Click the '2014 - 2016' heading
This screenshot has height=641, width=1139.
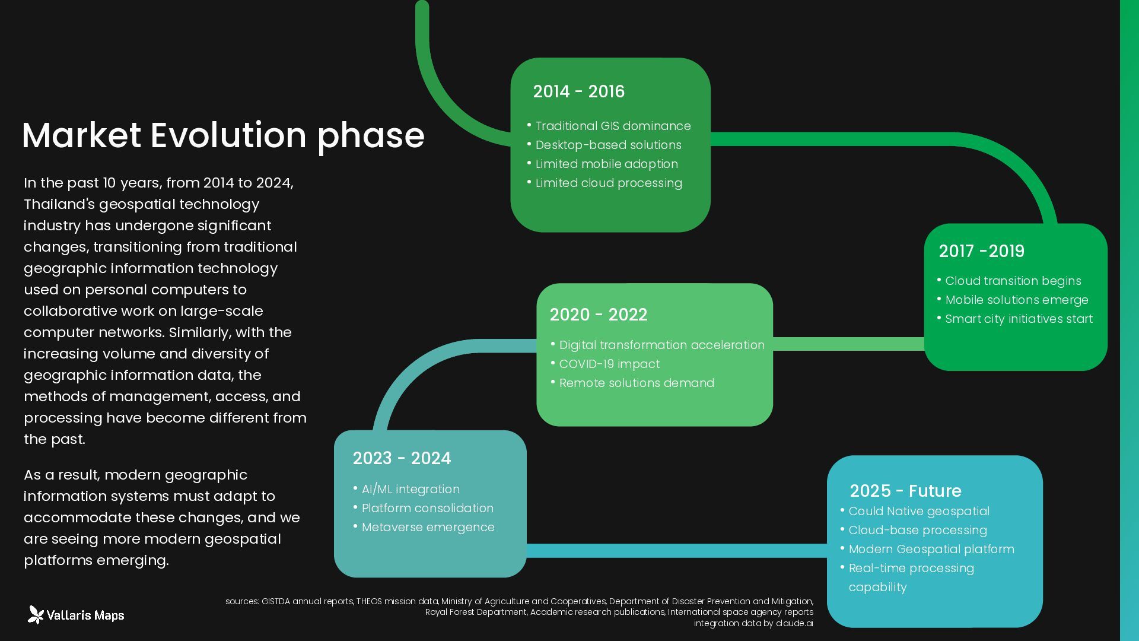[x=578, y=91]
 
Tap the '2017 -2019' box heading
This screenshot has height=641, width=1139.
[x=981, y=251]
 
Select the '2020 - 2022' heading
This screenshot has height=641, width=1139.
[x=598, y=315]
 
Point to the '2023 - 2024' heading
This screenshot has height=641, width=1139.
[x=402, y=458]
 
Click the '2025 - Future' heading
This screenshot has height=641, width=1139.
[x=905, y=491]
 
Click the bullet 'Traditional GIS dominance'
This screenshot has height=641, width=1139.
[x=613, y=126]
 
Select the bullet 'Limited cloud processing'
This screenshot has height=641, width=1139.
[x=609, y=183]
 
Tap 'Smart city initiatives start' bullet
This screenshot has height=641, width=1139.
[x=1019, y=319]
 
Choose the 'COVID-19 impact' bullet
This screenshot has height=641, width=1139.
[x=609, y=364]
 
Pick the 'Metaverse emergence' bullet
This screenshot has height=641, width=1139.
[x=428, y=527]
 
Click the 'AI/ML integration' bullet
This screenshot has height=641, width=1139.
[x=411, y=489]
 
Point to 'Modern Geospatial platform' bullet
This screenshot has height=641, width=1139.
[x=931, y=549]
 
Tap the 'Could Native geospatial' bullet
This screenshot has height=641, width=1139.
[x=919, y=511]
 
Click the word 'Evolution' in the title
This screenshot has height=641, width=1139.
[x=228, y=135]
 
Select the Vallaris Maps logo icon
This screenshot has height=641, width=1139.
[x=36, y=615]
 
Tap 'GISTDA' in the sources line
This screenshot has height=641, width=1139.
[x=276, y=601]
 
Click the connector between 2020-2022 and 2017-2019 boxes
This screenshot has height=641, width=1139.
[x=848, y=344]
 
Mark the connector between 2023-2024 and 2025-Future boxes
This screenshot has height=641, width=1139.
[x=676, y=551]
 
